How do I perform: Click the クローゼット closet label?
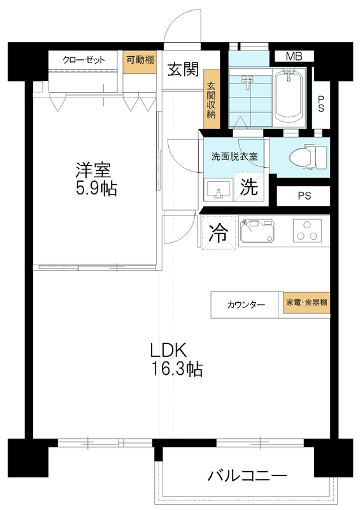(x=84, y=60)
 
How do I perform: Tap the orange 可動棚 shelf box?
(x=140, y=62)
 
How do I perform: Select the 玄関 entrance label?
(x=183, y=69)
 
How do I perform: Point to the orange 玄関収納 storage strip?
(x=212, y=99)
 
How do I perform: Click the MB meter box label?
(x=294, y=57)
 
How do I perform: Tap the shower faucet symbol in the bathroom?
(x=248, y=82)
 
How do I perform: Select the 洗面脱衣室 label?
(x=234, y=156)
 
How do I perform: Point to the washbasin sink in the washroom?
(x=218, y=190)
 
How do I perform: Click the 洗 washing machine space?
(x=248, y=187)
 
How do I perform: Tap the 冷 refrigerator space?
(x=218, y=233)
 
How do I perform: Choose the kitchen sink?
(x=257, y=231)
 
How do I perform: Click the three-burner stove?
(x=307, y=231)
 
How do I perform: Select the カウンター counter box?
(x=245, y=305)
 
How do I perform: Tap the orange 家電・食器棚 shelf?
(x=306, y=302)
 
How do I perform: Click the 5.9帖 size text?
(x=96, y=188)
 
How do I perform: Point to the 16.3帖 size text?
(x=177, y=369)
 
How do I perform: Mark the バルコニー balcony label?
(x=247, y=476)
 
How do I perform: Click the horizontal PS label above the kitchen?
(x=304, y=196)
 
